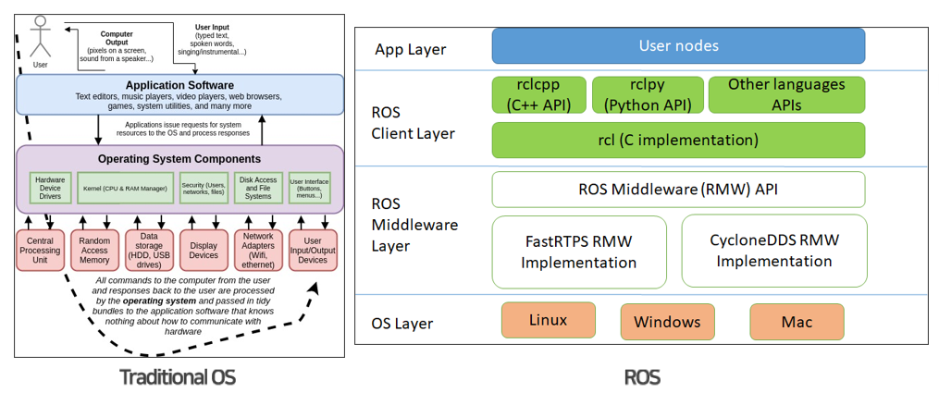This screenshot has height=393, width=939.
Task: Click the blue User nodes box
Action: (x=678, y=45)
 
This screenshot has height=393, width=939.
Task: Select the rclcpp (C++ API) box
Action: (x=537, y=94)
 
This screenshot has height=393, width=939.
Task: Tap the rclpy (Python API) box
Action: (x=647, y=94)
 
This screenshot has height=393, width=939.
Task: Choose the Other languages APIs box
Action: (x=786, y=94)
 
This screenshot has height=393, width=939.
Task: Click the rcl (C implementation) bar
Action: (x=678, y=140)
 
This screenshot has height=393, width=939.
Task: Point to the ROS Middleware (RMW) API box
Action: (x=678, y=190)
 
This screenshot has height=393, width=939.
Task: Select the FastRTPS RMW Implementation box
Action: (x=578, y=251)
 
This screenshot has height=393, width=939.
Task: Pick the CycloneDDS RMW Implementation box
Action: (x=774, y=251)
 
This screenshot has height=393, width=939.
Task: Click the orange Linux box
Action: (x=548, y=321)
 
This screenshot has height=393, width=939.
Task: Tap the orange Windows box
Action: (x=666, y=323)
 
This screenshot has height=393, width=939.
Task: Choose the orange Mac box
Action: (x=797, y=323)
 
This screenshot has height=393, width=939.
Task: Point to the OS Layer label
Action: (x=402, y=324)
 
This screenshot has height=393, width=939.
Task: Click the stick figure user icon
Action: (x=40, y=37)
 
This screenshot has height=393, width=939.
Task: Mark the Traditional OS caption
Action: (x=178, y=376)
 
